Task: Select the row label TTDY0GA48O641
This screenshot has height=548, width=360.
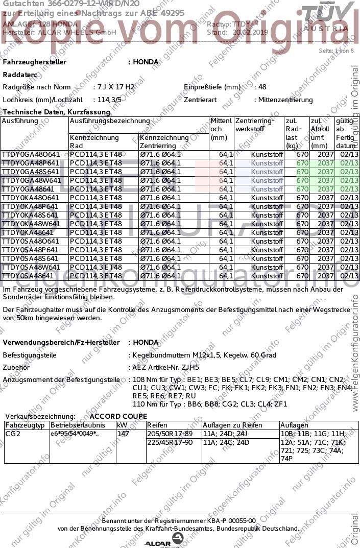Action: tap(31, 154)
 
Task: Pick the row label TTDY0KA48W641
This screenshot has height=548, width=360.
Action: tap(31, 224)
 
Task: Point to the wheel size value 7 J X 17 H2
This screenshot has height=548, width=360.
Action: tap(114, 87)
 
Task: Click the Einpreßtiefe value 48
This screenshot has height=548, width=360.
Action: tap(262, 87)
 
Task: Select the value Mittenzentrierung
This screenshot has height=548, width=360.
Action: tap(285, 100)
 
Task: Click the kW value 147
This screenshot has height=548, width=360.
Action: tap(123, 434)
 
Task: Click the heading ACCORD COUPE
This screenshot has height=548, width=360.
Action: tap(118, 416)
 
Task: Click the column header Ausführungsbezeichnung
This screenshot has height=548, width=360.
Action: tap(110, 121)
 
